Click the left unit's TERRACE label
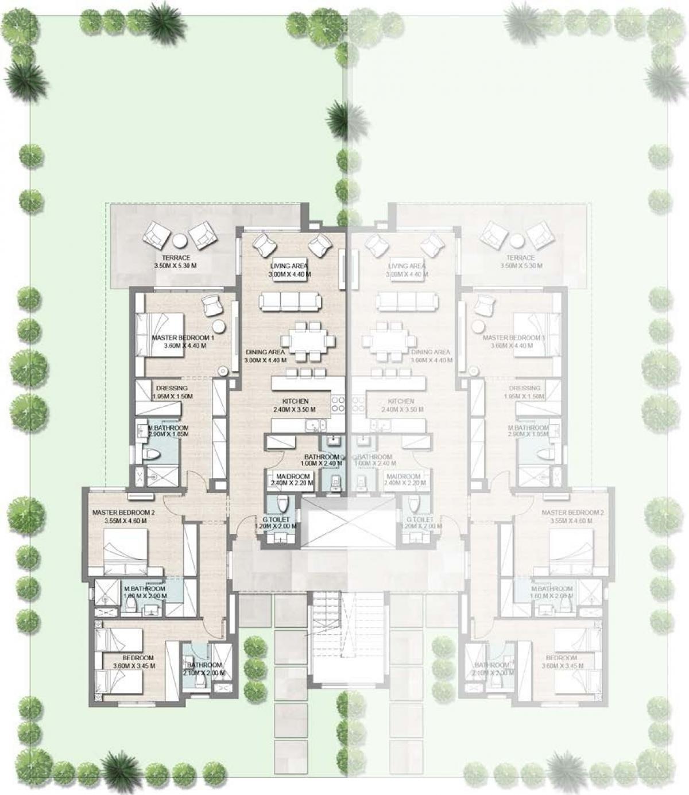[176, 258]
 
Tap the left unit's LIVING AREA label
[289, 266]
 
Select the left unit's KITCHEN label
[295, 401]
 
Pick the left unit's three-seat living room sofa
[289, 301]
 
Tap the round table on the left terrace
[180, 239]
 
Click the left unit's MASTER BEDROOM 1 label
[183, 338]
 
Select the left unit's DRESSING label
[172, 388]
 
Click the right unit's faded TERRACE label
[521, 258]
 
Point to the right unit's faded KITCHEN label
[401, 401]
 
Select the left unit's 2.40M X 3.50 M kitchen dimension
[295, 409]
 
